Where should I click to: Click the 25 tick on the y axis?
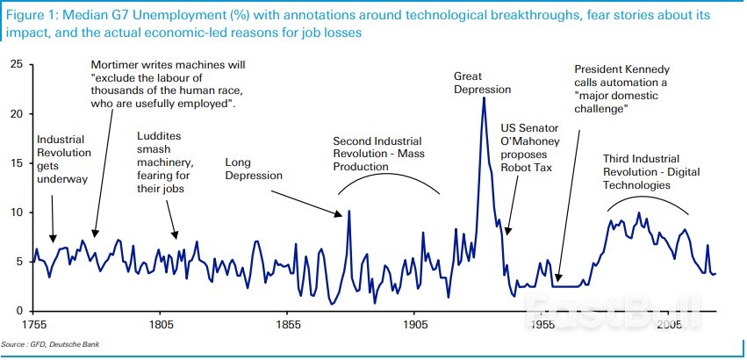[16, 64]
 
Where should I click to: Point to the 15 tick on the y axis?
[16, 162]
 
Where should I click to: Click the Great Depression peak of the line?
[484, 97]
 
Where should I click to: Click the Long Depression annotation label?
[254, 169]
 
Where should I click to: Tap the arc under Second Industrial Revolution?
[389, 171]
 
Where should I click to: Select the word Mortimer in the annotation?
[117, 64]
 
